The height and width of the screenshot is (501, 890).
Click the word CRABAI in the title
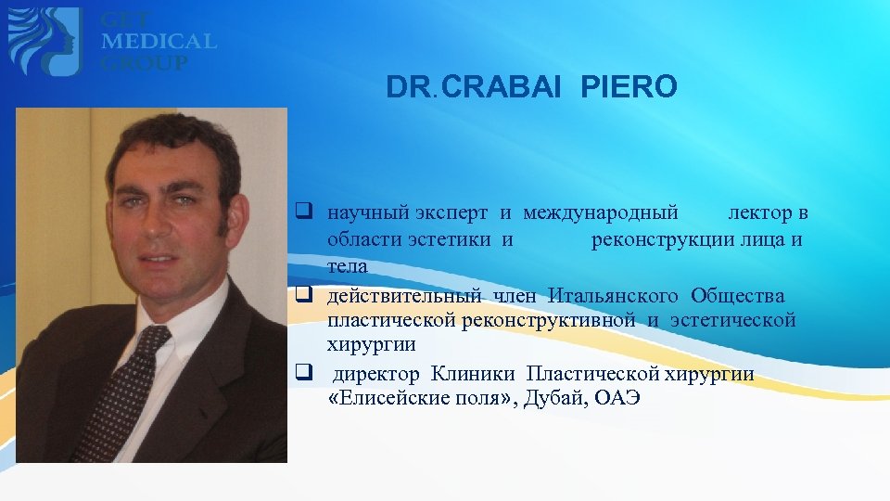[x=509, y=88]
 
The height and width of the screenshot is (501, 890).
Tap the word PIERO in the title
[x=629, y=88]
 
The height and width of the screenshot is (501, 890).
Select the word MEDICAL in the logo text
[x=159, y=42]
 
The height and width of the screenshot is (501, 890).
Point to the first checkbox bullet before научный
[x=302, y=212]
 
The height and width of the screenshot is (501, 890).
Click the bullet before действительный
[x=302, y=295]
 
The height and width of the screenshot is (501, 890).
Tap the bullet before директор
[x=302, y=375]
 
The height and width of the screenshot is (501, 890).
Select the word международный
[x=600, y=213]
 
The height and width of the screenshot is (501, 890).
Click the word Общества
[x=738, y=296]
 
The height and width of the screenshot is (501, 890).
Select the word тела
[x=348, y=266]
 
